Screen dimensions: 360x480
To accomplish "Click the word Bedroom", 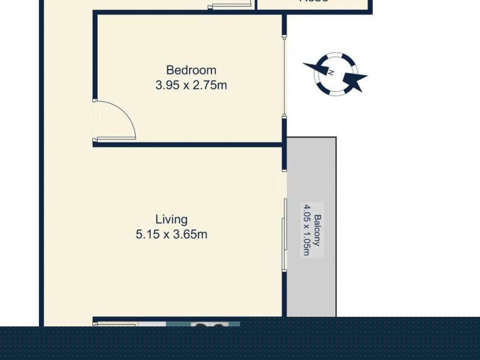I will pyautogui.click(x=191, y=70).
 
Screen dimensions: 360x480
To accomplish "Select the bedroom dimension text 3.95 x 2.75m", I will pyautogui.click(x=191, y=85).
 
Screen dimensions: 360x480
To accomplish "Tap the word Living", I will pyautogui.click(x=172, y=220).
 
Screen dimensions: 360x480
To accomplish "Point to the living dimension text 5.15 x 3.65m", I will pyautogui.click(x=172, y=235).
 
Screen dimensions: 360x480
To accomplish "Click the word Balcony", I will pyautogui.click(x=319, y=231).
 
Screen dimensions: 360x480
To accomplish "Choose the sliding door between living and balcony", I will pyautogui.click(x=284, y=234).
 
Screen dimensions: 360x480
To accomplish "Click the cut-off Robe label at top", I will pyautogui.click(x=313, y=2).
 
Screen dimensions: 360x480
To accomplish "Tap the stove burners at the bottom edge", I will pyautogui.click(x=209, y=325).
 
